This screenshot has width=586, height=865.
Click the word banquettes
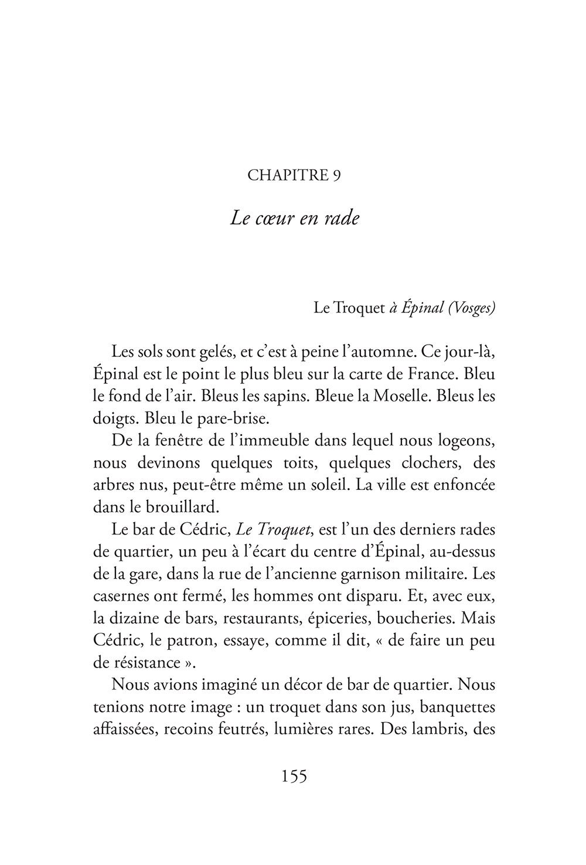[456, 708]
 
